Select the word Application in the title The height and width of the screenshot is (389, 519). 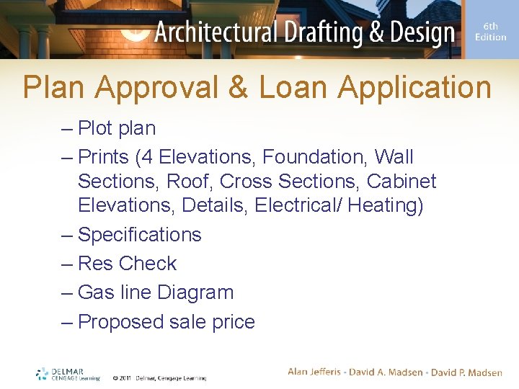pos(414,88)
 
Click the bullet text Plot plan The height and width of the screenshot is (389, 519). pos(116,128)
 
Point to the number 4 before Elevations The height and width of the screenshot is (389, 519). pos(146,157)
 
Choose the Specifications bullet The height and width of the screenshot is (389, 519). pos(139,235)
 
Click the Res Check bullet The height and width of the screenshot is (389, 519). pos(127,264)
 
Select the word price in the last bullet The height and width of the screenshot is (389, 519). pos(231,322)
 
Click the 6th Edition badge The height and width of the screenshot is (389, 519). pos(490,32)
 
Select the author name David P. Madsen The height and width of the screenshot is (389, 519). pos(467,372)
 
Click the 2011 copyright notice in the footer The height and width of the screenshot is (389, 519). pos(159,377)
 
